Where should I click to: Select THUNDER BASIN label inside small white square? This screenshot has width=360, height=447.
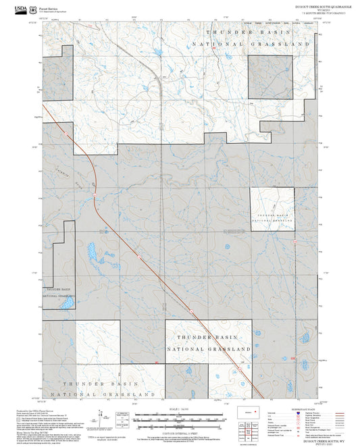tap(272, 214)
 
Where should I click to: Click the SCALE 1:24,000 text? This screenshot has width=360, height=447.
tap(179, 409)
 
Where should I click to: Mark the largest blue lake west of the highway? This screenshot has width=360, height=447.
tap(91, 255)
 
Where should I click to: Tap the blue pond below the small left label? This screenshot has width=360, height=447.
tap(66, 305)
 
